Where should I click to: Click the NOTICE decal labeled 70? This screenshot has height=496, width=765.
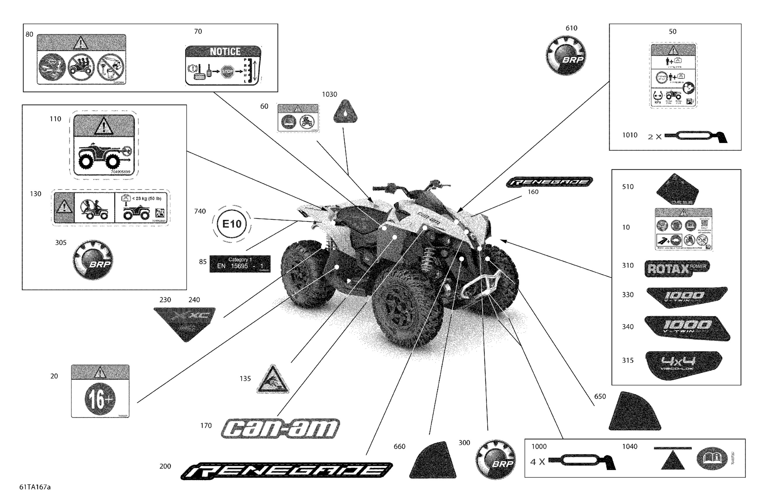click(224, 65)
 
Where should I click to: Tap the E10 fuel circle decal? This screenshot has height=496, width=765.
click(232, 224)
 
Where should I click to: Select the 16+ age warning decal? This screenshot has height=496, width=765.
click(100, 392)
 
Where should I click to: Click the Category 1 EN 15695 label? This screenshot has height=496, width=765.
click(240, 263)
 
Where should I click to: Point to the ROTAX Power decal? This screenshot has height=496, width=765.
click(677, 268)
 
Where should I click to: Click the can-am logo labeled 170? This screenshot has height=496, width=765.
click(280, 429)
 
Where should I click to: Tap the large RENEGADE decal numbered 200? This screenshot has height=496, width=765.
click(287, 471)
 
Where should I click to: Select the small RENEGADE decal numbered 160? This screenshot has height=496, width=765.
click(549, 182)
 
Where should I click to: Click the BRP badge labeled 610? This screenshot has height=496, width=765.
click(566, 55)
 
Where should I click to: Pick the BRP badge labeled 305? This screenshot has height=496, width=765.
click(93, 260)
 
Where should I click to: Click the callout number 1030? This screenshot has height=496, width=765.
click(329, 95)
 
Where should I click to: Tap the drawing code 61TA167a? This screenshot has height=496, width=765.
click(35, 487)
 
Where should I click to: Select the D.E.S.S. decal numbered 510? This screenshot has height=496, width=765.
click(677, 190)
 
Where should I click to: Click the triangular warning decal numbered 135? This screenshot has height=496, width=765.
click(273, 380)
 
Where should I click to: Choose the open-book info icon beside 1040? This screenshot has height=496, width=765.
click(712, 458)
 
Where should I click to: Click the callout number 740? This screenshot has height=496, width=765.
click(200, 211)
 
